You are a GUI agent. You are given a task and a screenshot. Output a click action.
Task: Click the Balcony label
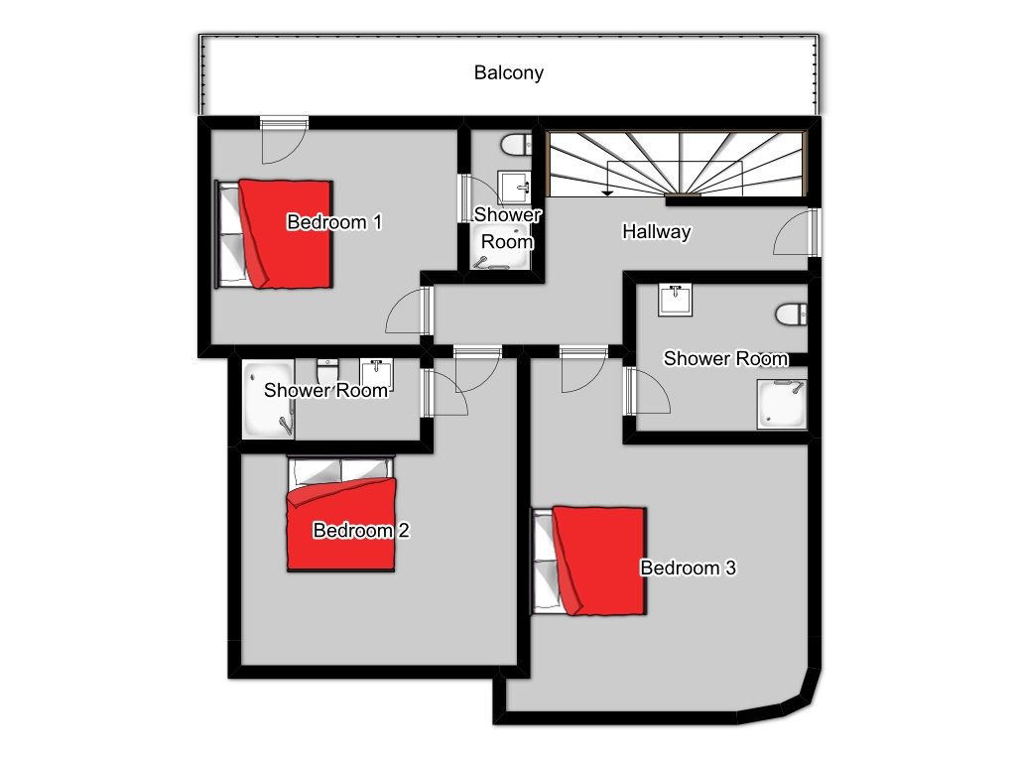(x=509, y=72)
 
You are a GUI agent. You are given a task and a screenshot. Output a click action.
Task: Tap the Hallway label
(x=657, y=231)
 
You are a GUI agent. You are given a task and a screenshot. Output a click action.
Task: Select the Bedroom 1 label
(x=334, y=222)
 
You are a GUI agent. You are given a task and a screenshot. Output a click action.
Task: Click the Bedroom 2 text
(x=361, y=530)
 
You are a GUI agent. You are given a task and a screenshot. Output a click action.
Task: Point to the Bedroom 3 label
(x=689, y=568)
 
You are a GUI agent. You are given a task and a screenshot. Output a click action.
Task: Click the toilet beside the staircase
(x=516, y=145)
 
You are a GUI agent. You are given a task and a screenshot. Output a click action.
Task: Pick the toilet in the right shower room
(x=791, y=315)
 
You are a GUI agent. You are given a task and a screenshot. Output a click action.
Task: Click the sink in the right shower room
(x=675, y=300)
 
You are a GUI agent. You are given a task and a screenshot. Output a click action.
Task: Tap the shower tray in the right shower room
(x=782, y=405)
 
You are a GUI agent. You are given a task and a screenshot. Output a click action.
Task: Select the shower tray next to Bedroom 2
(x=268, y=399)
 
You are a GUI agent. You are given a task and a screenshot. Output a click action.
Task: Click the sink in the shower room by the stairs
(x=514, y=188)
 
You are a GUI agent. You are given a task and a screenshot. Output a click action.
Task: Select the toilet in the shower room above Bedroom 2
(x=327, y=371)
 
